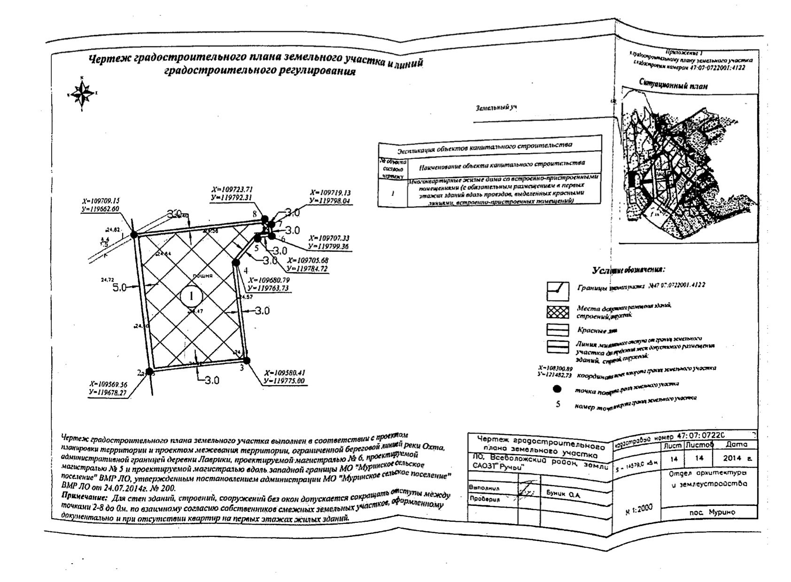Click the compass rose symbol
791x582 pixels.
tap(82, 93)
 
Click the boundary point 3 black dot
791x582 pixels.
tap(247, 361)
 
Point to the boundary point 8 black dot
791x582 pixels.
tap(265, 219)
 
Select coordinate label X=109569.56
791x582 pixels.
tap(108, 384)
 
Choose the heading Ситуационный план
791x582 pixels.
tap(673, 85)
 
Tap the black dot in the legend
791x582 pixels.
tap(558, 389)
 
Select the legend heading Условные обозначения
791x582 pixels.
tap(628, 270)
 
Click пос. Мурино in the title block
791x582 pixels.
tap(712, 512)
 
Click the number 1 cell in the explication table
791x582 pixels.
tap(393, 193)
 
